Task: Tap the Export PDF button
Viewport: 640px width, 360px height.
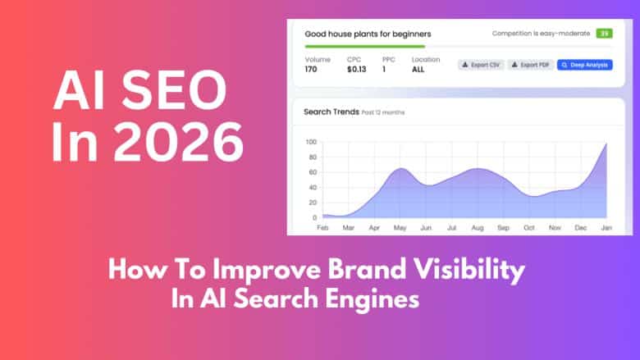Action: (x=530, y=65)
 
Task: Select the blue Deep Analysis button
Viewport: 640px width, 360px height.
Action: (x=584, y=65)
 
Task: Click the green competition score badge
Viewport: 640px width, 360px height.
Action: (x=604, y=34)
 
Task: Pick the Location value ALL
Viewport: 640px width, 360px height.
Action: (x=418, y=70)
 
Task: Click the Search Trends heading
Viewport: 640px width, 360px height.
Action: (x=331, y=112)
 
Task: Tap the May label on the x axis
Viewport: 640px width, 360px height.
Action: (x=400, y=226)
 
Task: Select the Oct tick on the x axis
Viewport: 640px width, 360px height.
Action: (x=529, y=226)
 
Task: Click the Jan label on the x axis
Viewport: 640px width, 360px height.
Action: (x=607, y=226)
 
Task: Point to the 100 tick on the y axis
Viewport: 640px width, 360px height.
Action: (x=310, y=142)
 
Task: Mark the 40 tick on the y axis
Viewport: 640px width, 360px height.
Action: (x=312, y=187)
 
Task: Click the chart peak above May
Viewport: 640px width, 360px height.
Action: (x=400, y=169)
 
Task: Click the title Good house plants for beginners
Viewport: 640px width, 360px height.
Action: (x=368, y=34)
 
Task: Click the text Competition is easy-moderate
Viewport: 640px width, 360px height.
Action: (x=540, y=34)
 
